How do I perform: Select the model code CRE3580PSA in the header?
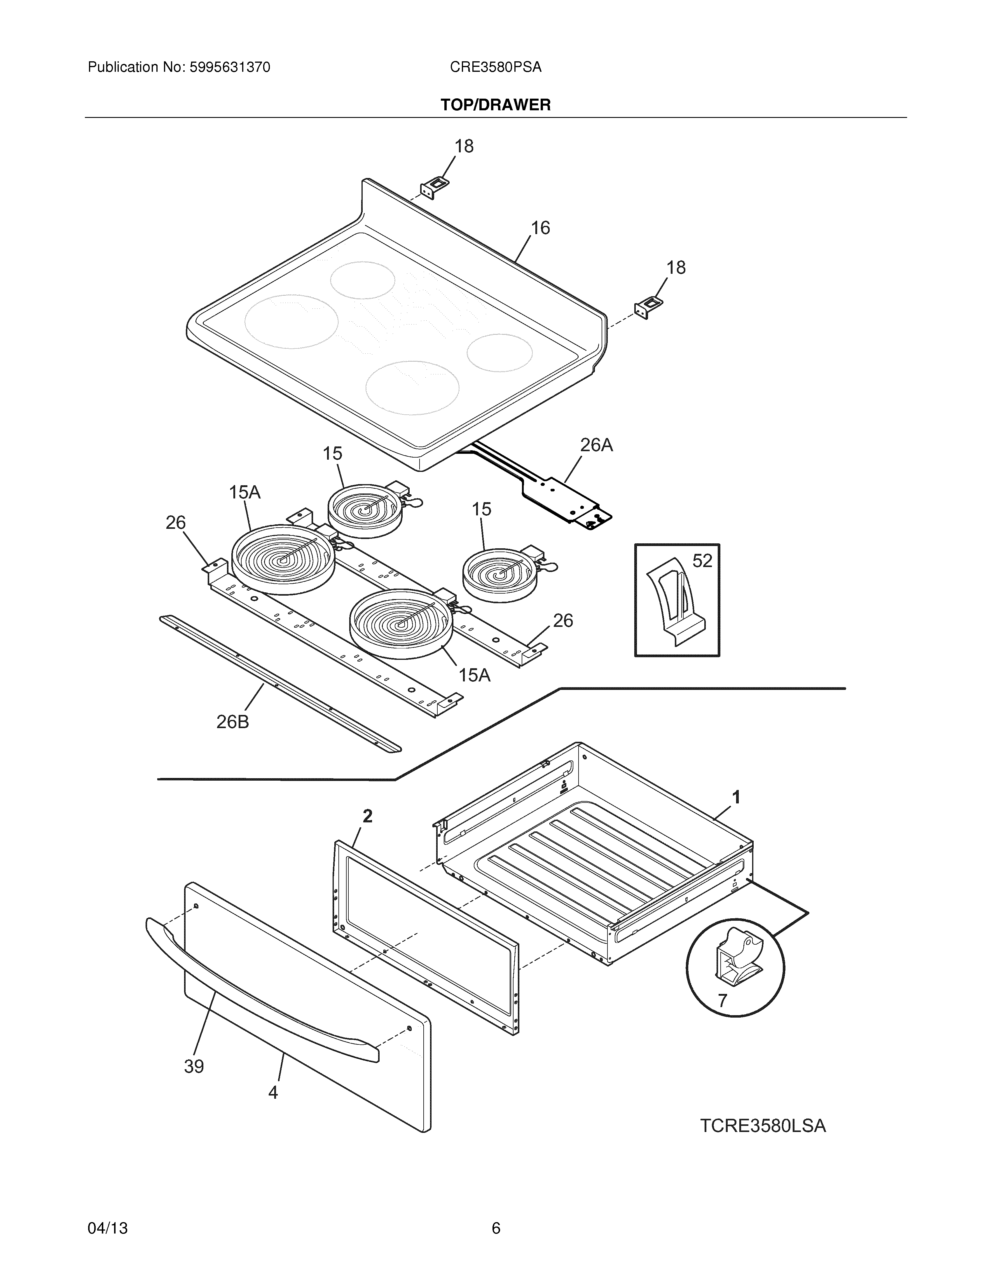(495, 68)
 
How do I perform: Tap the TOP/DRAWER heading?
(495, 105)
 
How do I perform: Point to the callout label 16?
(540, 228)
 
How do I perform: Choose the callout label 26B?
(233, 722)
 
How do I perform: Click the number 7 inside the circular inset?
(722, 1000)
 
